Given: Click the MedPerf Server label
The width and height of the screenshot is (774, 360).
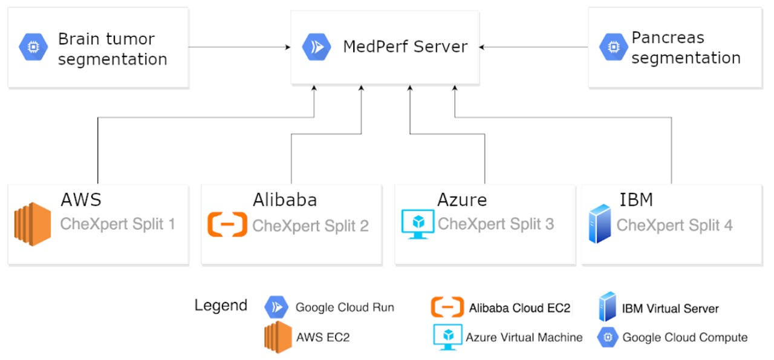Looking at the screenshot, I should click(405, 47).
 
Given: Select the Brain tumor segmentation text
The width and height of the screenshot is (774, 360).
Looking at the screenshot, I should click(112, 49).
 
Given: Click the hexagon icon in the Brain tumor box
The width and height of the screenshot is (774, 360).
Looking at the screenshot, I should click(33, 47).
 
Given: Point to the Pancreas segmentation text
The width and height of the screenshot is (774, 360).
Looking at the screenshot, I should click(686, 48).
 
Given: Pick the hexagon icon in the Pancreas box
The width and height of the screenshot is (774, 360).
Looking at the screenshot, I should click(613, 47).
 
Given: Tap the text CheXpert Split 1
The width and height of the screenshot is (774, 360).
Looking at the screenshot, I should click(117, 224).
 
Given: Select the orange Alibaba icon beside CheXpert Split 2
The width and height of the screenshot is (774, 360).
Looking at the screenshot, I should click(227, 224).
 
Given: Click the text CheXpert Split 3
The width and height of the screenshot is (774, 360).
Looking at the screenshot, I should click(496, 224).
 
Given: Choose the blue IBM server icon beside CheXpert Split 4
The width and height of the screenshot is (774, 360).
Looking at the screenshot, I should click(600, 224).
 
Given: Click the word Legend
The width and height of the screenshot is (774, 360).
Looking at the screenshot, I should click(221, 306).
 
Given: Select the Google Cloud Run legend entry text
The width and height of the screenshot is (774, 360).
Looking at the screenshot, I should click(345, 307).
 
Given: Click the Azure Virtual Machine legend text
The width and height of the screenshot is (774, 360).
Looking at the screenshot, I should click(524, 338).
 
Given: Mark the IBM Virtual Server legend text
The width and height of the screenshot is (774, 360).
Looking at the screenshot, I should click(670, 309).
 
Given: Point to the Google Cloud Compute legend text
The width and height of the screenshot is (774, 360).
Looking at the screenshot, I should click(685, 338).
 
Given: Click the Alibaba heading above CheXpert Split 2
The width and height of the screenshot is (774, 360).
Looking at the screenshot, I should click(285, 200).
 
